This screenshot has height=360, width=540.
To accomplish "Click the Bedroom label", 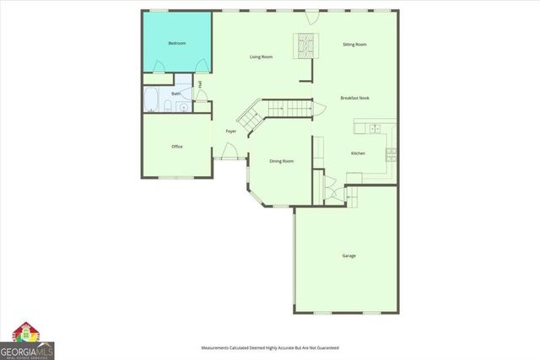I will click(x=176, y=43).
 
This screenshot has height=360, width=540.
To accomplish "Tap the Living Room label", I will click(x=261, y=56).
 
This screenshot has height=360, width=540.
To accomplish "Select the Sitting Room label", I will click(x=354, y=44).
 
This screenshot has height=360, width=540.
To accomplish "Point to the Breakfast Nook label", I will click(x=354, y=98).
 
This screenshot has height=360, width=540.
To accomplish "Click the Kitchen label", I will click(x=358, y=153).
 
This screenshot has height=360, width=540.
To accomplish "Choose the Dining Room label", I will click(x=281, y=160).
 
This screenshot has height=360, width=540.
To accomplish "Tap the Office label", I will click(x=177, y=147).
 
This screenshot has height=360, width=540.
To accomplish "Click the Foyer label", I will click(x=230, y=131).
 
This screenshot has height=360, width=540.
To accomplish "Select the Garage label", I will click(x=348, y=255).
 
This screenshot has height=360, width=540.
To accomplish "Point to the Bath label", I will click(x=176, y=94).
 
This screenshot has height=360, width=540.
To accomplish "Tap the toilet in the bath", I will click(x=168, y=106).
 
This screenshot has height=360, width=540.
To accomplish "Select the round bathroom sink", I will click(x=185, y=107).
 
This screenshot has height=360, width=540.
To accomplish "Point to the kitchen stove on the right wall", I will click(x=391, y=153).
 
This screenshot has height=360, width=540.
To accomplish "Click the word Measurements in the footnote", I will click(x=216, y=347).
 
